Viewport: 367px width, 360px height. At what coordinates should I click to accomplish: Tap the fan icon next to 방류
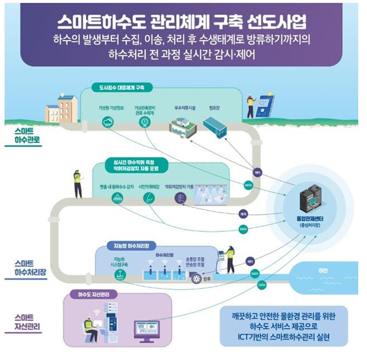(x=197, y=277)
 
